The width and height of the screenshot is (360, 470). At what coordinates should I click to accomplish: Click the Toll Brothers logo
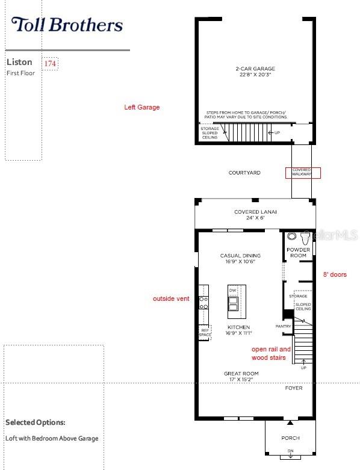(x=67, y=25)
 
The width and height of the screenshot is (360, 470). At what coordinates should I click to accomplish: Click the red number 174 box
(x=50, y=63)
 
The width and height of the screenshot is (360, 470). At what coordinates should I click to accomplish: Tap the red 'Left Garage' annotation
(x=142, y=107)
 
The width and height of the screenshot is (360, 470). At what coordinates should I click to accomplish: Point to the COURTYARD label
(x=244, y=173)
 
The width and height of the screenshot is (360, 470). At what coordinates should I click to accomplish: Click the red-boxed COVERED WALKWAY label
(x=303, y=173)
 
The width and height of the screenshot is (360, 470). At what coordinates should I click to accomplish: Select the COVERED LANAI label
(x=255, y=215)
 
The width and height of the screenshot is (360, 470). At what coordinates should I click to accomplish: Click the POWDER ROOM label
(x=299, y=252)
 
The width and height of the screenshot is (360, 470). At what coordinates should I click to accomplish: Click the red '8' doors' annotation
(x=335, y=274)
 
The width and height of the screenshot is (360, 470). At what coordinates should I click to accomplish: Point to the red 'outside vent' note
(x=172, y=298)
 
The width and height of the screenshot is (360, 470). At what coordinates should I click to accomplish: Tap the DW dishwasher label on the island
(x=233, y=291)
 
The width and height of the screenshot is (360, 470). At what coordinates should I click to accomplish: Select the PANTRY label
(x=284, y=326)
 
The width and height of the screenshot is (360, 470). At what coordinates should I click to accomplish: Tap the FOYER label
(x=294, y=388)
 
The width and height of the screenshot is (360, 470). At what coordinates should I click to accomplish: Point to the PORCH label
(x=290, y=438)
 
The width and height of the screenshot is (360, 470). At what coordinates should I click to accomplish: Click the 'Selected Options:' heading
(x=36, y=422)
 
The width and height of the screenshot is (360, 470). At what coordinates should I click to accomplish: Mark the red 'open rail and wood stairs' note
(x=271, y=353)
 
